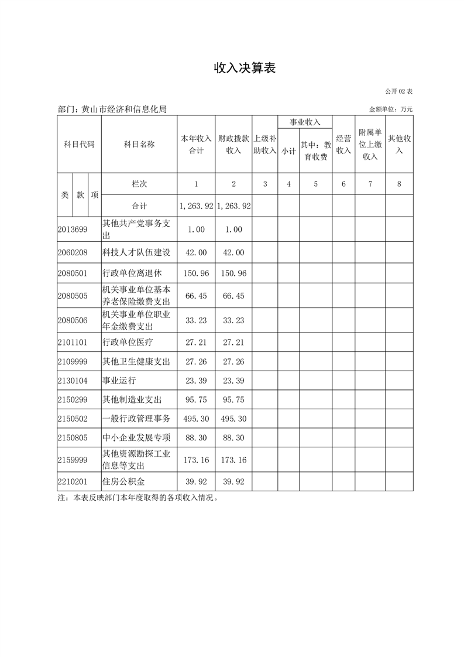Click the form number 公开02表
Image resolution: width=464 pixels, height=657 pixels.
[x=399, y=92]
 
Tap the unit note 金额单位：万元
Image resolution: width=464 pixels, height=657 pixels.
[x=391, y=109]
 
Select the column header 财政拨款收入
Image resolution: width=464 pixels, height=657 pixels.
[x=233, y=144]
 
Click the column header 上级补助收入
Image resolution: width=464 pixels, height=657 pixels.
[x=264, y=144]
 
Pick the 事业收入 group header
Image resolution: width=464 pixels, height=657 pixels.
[x=305, y=122]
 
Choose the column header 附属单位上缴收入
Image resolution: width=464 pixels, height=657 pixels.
[x=370, y=144]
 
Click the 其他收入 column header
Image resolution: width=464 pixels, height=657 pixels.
[x=399, y=144]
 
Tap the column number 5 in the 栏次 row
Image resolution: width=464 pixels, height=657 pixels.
[x=315, y=184]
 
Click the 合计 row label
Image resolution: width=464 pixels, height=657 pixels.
[x=139, y=206]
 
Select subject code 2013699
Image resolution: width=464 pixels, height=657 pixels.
[x=73, y=230]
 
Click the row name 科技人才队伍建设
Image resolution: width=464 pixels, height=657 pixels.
[x=136, y=252]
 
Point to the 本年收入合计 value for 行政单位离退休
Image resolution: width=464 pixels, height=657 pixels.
[x=196, y=273]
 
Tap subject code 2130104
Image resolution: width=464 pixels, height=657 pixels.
[x=73, y=381]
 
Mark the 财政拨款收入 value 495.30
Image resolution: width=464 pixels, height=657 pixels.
[x=233, y=419]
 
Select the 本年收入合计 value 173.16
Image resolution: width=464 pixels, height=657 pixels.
[x=196, y=460]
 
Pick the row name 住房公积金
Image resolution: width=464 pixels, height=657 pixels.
[x=123, y=482]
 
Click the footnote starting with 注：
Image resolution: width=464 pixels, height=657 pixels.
[x=138, y=498]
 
